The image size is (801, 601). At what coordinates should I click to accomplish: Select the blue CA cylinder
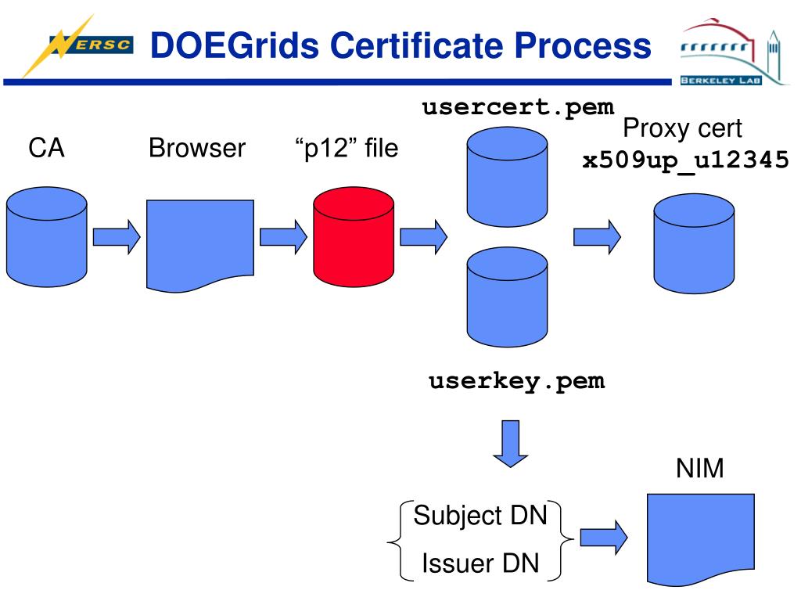46,236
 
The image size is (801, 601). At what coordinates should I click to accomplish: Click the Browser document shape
199,245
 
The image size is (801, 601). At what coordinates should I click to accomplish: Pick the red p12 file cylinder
354,236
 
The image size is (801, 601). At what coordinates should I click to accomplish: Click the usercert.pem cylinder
507,177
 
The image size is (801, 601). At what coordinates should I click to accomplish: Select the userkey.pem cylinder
507,297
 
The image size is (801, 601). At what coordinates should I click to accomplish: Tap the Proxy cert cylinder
695,243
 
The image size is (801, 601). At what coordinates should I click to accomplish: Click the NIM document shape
700,539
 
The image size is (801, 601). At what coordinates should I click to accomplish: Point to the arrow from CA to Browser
117,236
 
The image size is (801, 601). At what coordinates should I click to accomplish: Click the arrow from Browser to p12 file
283,236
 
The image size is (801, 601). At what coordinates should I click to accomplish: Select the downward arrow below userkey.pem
510,444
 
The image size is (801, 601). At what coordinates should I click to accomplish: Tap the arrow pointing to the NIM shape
605,538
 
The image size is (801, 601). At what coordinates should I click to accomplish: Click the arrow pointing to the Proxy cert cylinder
597,236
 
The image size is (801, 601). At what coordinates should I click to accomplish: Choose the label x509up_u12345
685,160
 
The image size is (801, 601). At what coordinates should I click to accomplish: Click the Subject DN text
480,516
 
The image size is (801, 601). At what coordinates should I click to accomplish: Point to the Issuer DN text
481,563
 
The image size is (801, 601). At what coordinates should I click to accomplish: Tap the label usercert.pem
518,107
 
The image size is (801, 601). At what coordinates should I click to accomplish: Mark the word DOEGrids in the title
235,45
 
